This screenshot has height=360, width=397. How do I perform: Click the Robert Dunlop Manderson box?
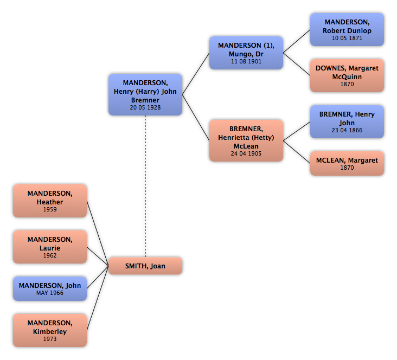[x=347, y=29]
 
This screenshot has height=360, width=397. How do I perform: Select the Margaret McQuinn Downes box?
[x=347, y=75]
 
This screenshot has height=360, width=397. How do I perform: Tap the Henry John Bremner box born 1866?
[x=347, y=121]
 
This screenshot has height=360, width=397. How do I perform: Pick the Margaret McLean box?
[x=347, y=163]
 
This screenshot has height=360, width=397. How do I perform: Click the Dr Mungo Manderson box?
[x=246, y=53]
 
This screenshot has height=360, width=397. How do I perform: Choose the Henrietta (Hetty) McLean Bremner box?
[x=246, y=140]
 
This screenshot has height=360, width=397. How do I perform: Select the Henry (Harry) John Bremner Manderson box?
[x=145, y=94]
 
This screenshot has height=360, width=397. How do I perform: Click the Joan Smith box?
[x=145, y=266]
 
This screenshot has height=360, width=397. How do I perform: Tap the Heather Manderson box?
[x=50, y=201]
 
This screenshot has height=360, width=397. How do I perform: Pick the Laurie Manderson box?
[x=50, y=247]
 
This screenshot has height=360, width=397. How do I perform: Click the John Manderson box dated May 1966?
[x=50, y=288]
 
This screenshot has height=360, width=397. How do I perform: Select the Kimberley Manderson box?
[x=50, y=330]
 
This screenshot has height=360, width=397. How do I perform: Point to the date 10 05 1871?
[x=347, y=38]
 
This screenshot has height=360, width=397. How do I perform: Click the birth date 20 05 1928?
[x=145, y=107]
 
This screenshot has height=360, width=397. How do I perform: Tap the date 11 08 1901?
[x=246, y=61]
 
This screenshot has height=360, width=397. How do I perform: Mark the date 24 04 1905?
[x=246, y=153]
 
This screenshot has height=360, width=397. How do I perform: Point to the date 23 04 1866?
[x=347, y=130]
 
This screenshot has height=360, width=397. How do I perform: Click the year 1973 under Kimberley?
[x=50, y=339]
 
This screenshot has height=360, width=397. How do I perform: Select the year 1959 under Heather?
[x=50, y=209]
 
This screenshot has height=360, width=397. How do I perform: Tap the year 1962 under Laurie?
[x=50, y=255]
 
